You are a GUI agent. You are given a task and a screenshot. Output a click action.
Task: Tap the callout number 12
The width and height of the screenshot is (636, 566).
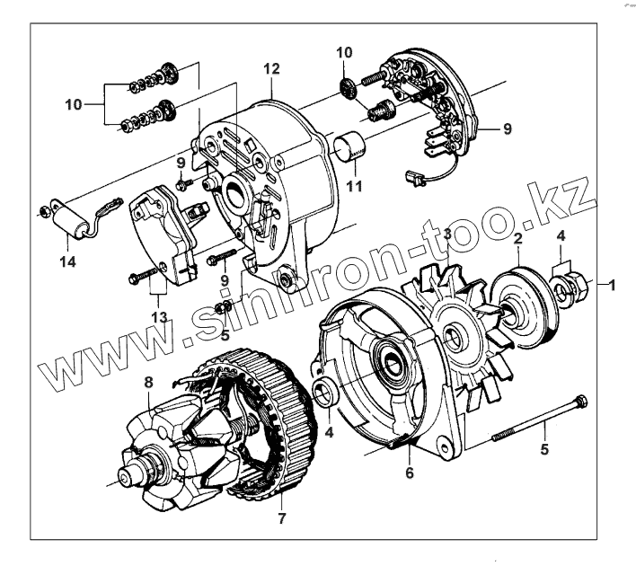[x=272, y=69]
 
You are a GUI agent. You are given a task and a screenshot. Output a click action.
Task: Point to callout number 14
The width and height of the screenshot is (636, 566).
[x=68, y=261]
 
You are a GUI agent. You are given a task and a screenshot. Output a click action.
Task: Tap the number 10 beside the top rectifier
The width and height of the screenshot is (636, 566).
[x=345, y=55]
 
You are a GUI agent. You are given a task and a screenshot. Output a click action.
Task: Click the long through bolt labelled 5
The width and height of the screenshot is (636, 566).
[x=539, y=419]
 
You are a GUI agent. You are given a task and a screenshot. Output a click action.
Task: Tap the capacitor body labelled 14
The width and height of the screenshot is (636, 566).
[x=73, y=221]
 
